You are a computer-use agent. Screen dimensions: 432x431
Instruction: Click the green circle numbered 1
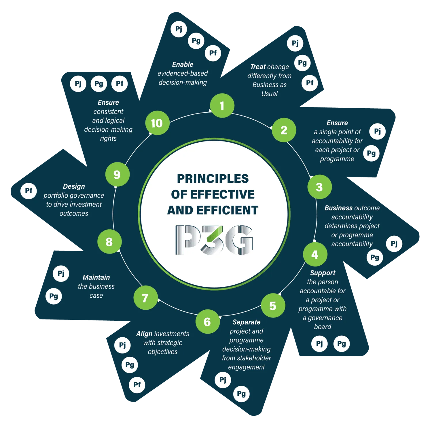coord(222,105)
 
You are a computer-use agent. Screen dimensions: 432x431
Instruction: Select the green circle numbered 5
coord(273,305)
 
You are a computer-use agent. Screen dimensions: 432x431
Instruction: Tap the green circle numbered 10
coord(157,123)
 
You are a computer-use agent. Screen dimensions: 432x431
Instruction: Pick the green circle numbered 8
coord(109,241)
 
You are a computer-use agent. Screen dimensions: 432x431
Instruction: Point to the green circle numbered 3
coord(319,187)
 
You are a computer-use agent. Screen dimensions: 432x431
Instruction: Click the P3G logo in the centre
coord(214,240)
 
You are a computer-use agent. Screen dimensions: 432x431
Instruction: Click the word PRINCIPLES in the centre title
coord(213,179)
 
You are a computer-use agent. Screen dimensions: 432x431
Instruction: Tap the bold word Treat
coord(258,67)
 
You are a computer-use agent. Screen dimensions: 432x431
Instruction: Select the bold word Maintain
coord(96,277)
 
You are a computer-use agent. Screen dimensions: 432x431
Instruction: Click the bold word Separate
coord(247,322)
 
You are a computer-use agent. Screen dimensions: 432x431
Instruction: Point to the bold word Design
coord(74,186)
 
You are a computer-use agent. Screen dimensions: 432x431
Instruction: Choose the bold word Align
coord(144,334)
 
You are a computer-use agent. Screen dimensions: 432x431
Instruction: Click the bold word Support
coord(323,273)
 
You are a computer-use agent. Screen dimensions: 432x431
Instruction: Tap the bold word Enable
coord(183,64)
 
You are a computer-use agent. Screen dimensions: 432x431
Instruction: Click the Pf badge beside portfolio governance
coord(29,191)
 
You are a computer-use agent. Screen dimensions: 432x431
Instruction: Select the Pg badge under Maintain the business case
coord(54,296)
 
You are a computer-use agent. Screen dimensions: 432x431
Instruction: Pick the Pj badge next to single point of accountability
coord(378,131)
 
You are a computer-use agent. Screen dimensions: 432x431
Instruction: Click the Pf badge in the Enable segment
coord(213,53)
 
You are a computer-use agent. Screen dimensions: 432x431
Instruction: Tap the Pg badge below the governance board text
coord(342,343)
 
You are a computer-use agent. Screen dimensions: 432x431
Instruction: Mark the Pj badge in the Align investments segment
coord(122,345)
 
